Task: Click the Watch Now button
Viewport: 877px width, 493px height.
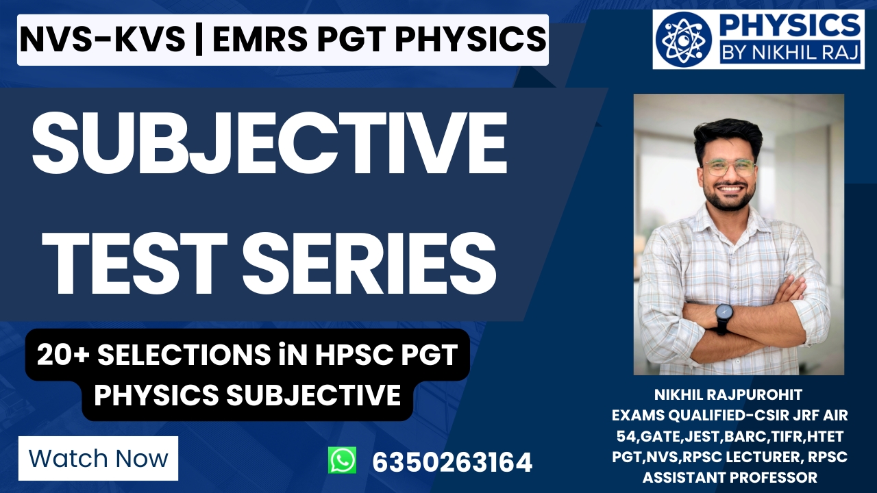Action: (x=98, y=458)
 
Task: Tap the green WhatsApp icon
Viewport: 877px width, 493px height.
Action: (x=342, y=460)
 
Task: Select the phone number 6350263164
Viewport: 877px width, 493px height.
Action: (x=452, y=462)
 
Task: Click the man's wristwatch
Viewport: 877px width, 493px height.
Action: (x=724, y=315)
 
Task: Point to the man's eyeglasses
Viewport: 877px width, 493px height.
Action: (x=729, y=166)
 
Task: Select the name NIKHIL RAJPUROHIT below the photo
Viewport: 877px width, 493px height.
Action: (x=729, y=395)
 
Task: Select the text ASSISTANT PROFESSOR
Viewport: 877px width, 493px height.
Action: (x=729, y=477)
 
